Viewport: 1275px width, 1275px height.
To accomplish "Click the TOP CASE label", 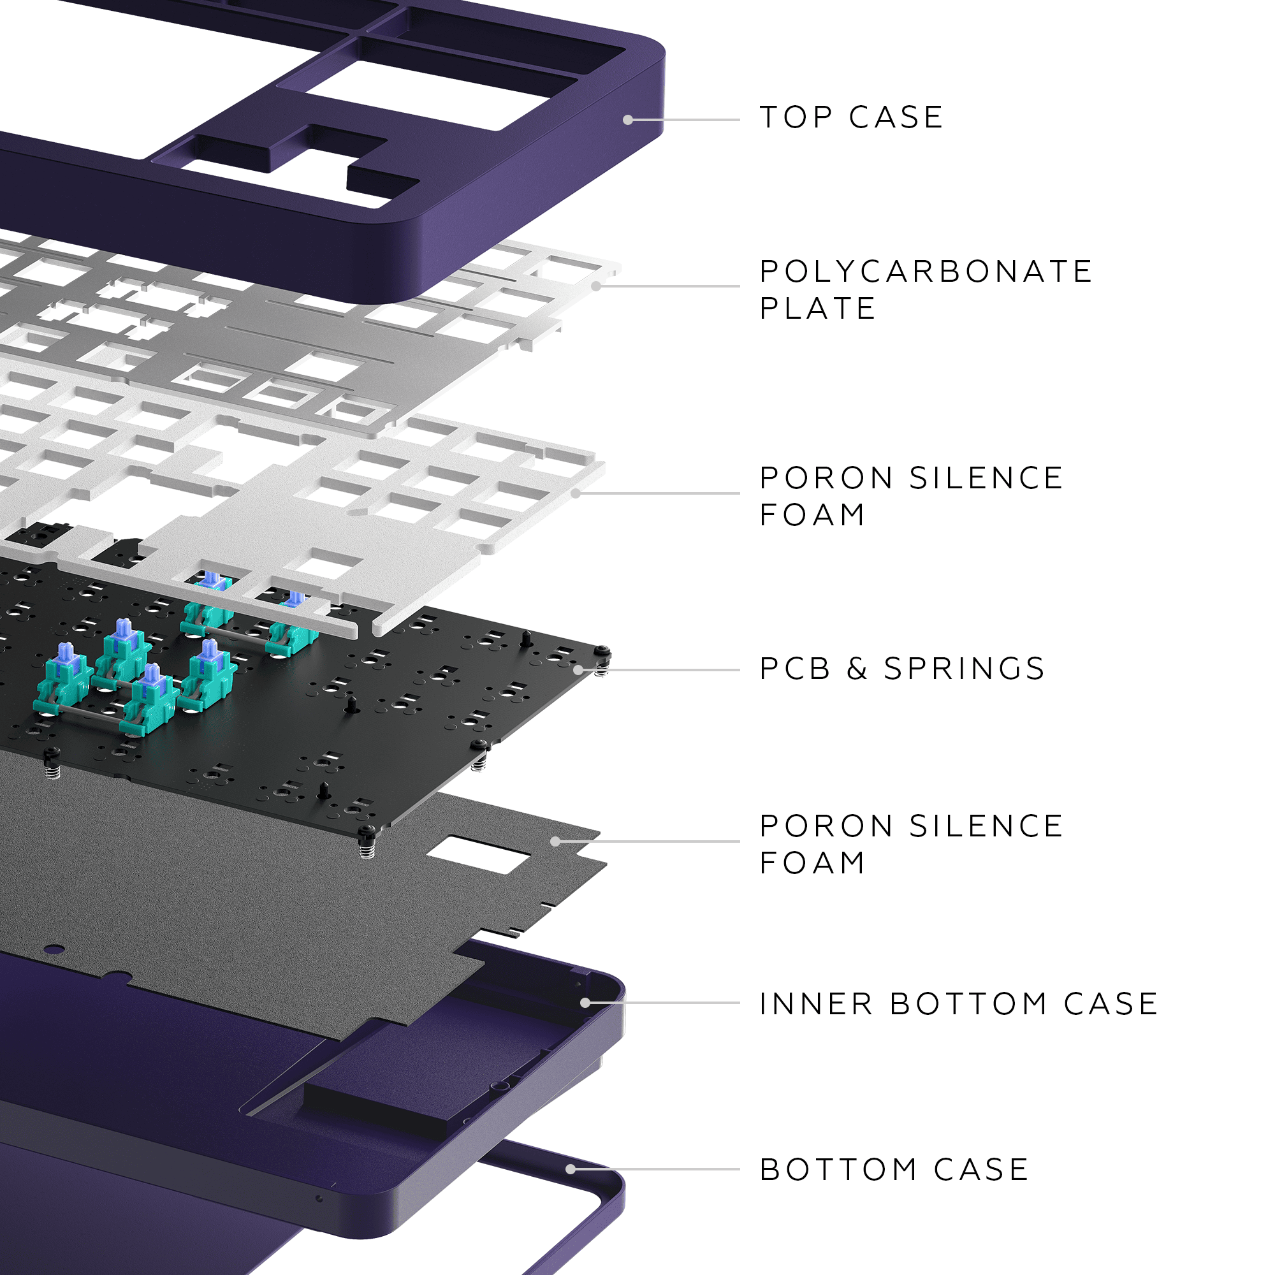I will (x=850, y=117).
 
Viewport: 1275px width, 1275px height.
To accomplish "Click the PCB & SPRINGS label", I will (x=901, y=669).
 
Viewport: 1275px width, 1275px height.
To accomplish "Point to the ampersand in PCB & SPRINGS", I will (x=857, y=669).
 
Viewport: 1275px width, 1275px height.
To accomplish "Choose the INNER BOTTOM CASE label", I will (x=958, y=1004).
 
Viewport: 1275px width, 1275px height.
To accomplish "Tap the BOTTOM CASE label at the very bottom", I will (x=894, y=1169).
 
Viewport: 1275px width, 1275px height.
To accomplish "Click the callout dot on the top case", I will (x=627, y=120).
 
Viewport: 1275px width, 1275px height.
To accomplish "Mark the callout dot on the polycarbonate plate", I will (x=596, y=286).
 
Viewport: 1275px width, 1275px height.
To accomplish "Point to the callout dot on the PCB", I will (x=578, y=670).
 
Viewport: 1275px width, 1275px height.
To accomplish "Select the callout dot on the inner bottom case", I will (x=585, y=1003).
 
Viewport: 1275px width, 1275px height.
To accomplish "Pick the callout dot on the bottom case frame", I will (x=570, y=1169).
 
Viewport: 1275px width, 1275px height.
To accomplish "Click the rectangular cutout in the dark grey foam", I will (x=479, y=856).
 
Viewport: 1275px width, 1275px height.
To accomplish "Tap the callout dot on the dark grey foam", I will (x=555, y=841).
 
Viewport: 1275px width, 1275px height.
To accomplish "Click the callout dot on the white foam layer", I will (x=576, y=493).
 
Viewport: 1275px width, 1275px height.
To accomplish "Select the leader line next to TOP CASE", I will (x=687, y=120).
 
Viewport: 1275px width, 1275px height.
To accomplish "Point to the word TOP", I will (x=796, y=117).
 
